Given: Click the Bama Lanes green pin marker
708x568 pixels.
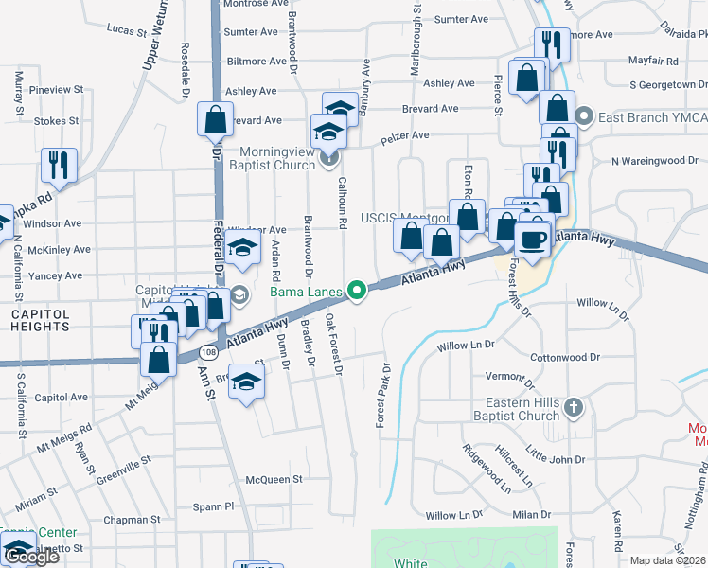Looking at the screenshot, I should coord(357,291).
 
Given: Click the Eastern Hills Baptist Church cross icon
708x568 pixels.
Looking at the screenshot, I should coord(573,407).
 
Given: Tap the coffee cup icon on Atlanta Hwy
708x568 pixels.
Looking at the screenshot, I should coord(533,238).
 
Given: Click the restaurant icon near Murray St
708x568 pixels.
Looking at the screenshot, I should coord(59,165).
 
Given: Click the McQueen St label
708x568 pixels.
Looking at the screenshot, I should coord(273,479).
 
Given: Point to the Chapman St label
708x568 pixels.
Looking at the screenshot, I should coord(132,520).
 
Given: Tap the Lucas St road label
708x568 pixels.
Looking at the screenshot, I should coord(129,30).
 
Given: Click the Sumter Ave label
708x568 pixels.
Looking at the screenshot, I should coord(461,19).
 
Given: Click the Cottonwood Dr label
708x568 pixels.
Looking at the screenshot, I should coord(565,358).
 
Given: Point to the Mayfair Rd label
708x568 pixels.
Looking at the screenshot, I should coord(654,61).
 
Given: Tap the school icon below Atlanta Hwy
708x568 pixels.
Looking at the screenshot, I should coord(247,383).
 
